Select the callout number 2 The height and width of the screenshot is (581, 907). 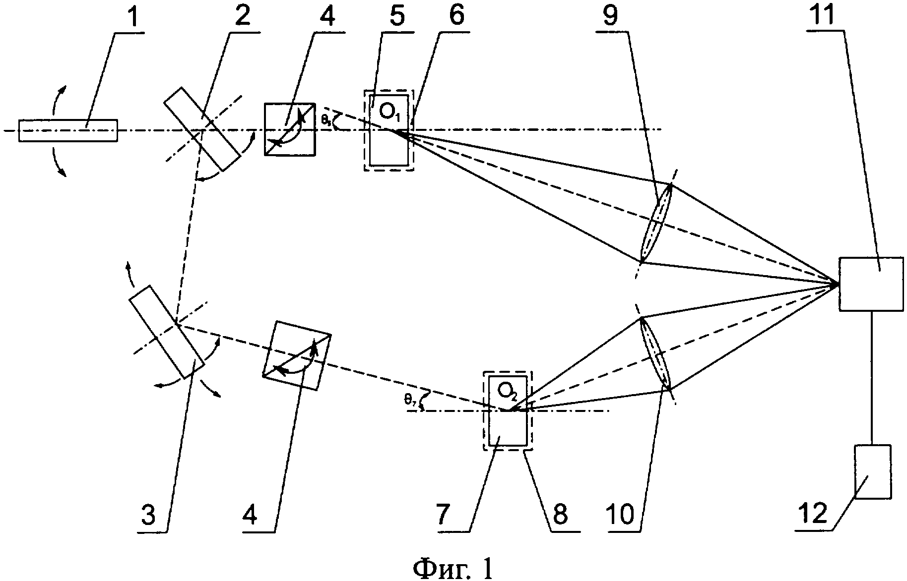coord(243,16)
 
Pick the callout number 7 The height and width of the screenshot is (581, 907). coord(447,516)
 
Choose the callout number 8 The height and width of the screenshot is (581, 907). coord(561,516)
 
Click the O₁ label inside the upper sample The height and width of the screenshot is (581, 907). coord(390,113)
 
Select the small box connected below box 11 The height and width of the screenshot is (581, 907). coord(872,471)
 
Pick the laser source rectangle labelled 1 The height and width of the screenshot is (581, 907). coord(68,130)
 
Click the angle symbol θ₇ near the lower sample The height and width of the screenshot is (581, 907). coord(410,401)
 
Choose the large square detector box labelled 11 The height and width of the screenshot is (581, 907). coord(870,284)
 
